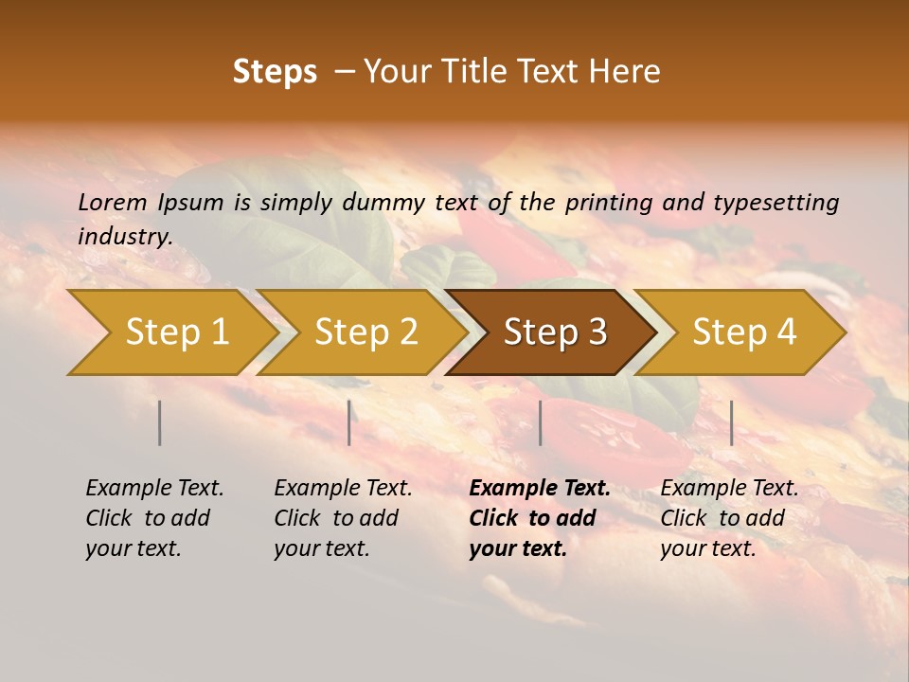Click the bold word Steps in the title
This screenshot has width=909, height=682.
click(275, 72)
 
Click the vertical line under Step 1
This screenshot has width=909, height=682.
click(160, 422)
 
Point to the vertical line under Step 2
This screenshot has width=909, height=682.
click(349, 422)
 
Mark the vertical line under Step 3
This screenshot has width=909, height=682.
click(540, 422)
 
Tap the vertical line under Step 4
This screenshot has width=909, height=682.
click(731, 422)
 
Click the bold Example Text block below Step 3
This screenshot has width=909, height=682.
click(540, 518)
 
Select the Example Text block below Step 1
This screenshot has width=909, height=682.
click(154, 518)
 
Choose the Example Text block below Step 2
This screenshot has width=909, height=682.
click(343, 518)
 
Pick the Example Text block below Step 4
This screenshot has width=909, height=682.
click(729, 518)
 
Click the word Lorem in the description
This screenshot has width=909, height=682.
click(113, 203)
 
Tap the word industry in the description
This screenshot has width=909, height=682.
click(125, 237)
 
